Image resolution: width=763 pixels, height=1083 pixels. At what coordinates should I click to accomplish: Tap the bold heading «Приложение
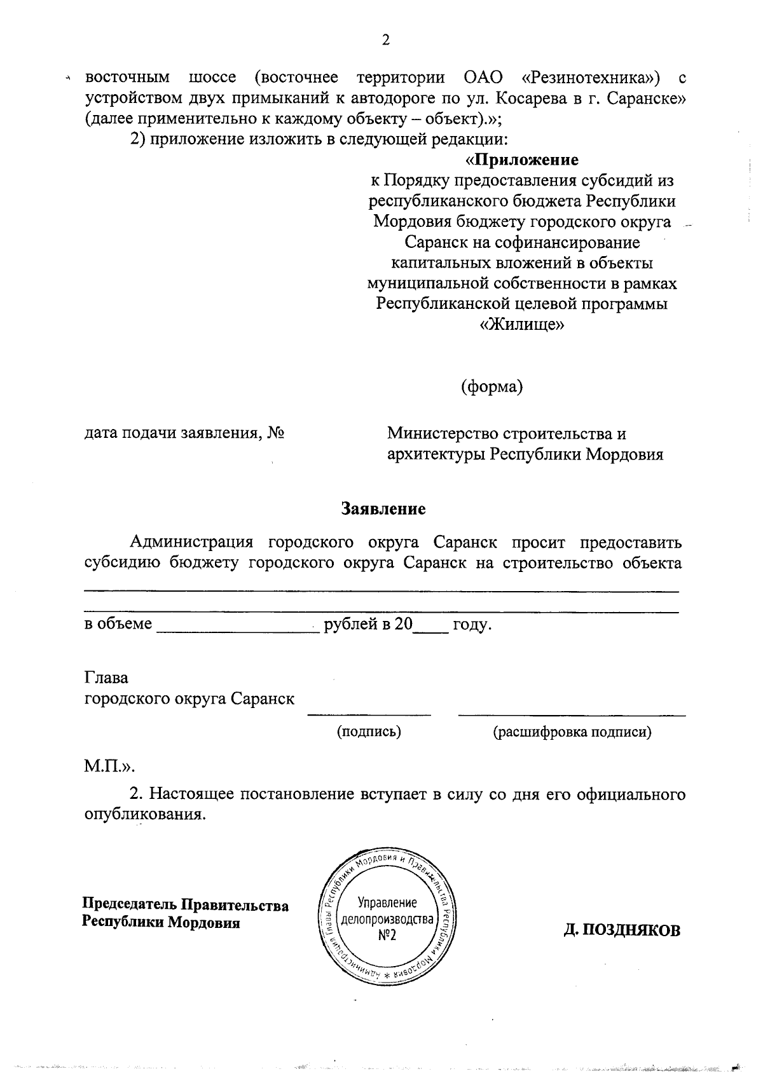[x=522, y=160]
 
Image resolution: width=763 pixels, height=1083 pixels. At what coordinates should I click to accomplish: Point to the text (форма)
[x=491, y=386]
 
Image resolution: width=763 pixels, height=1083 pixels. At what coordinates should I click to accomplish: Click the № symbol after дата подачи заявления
[x=275, y=433]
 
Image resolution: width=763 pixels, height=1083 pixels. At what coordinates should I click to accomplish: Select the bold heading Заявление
[x=383, y=508]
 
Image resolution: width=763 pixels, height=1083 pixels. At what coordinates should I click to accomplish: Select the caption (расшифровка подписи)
[x=572, y=732]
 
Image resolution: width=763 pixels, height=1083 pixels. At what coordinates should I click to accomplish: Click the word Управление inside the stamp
[x=387, y=902]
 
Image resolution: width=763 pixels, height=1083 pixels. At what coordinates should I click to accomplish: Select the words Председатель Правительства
[x=185, y=904]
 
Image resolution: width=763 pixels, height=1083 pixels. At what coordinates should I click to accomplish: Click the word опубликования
[x=145, y=814]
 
